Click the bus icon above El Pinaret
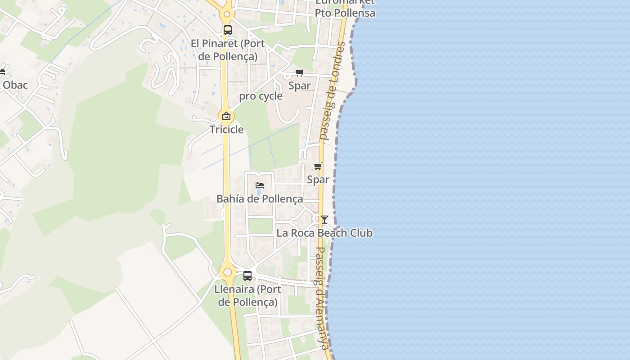(228, 30)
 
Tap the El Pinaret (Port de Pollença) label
(228, 50)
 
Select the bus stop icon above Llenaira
(247, 276)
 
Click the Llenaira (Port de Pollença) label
(247, 295)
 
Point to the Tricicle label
(226, 130)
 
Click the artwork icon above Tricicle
(226, 116)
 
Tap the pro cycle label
(261, 96)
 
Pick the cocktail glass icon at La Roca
(324, 220)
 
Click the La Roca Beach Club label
(324, 233)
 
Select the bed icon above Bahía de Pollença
(259, 185)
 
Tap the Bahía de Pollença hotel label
(260, 198)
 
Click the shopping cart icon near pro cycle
(299, 72)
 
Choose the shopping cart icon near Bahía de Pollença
(318, 166)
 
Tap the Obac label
(15, 85)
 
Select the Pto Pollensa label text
(345, 13)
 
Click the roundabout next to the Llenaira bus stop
(228, 272)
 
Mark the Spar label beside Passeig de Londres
(299, 85)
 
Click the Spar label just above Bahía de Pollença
(318, 180)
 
